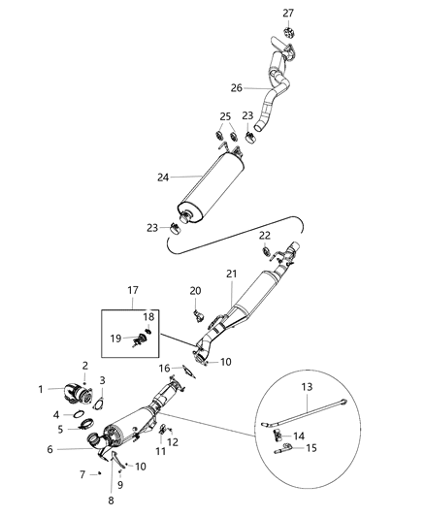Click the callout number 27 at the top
[287, 13]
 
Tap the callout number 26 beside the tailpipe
[236, 87]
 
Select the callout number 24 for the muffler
[163, 178]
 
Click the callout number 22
[264, 236]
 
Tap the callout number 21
[232, 275]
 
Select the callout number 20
[195, 291]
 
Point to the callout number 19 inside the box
[115, 339]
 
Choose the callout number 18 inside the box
[149, 317]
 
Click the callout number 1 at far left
[41, 390]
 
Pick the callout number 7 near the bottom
[82, 473]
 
